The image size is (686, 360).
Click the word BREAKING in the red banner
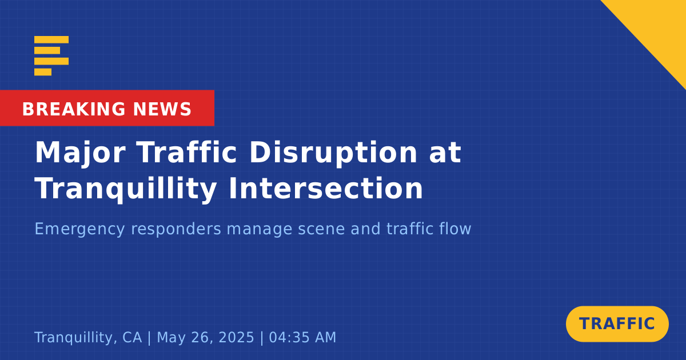(x=74, y=109)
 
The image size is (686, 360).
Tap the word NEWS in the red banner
(x=162, y=109)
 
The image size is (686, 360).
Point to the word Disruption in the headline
(x=333, y=153)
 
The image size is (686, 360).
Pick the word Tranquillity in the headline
(x=126, y=189)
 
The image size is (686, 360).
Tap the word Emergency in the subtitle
(x=79, y=229)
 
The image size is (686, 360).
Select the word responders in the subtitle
(x=176, y=229)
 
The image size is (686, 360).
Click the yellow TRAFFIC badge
(x=617, y=324)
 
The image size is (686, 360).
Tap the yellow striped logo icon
(x=51, y=56)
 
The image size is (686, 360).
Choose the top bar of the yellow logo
(x=51, y=40)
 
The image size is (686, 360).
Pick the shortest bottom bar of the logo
(x=43, y=72)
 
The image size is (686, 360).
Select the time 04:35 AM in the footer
(x=302, y=338)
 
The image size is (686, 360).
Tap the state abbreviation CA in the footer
(x=132, y=338)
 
